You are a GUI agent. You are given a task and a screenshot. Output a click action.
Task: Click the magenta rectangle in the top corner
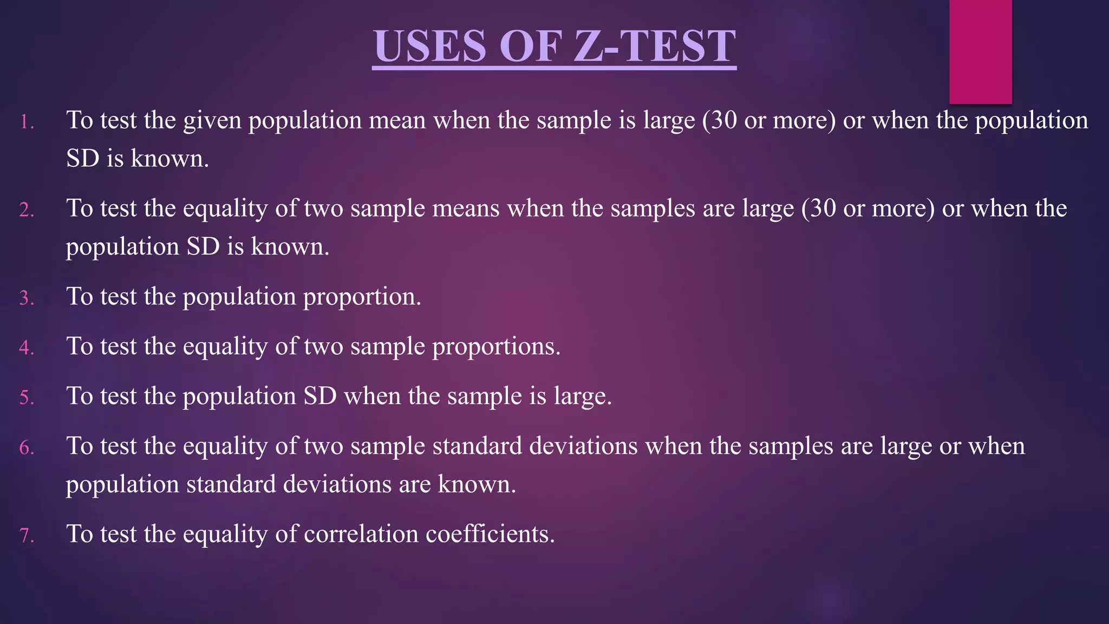980,51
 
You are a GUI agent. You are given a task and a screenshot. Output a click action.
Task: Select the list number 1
26,122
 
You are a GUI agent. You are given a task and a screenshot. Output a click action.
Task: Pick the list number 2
26,210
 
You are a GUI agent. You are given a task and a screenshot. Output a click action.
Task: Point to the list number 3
26,298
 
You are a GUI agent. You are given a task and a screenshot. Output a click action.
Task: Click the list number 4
26,348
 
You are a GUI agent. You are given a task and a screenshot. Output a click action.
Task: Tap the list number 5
26,398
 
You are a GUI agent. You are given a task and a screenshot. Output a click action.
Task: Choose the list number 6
26,448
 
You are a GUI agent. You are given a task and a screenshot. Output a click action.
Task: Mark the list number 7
26,536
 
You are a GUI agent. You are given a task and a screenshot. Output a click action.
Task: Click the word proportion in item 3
361,297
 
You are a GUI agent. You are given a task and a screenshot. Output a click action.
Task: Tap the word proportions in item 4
495,347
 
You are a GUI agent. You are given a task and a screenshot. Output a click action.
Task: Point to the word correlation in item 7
361,534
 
